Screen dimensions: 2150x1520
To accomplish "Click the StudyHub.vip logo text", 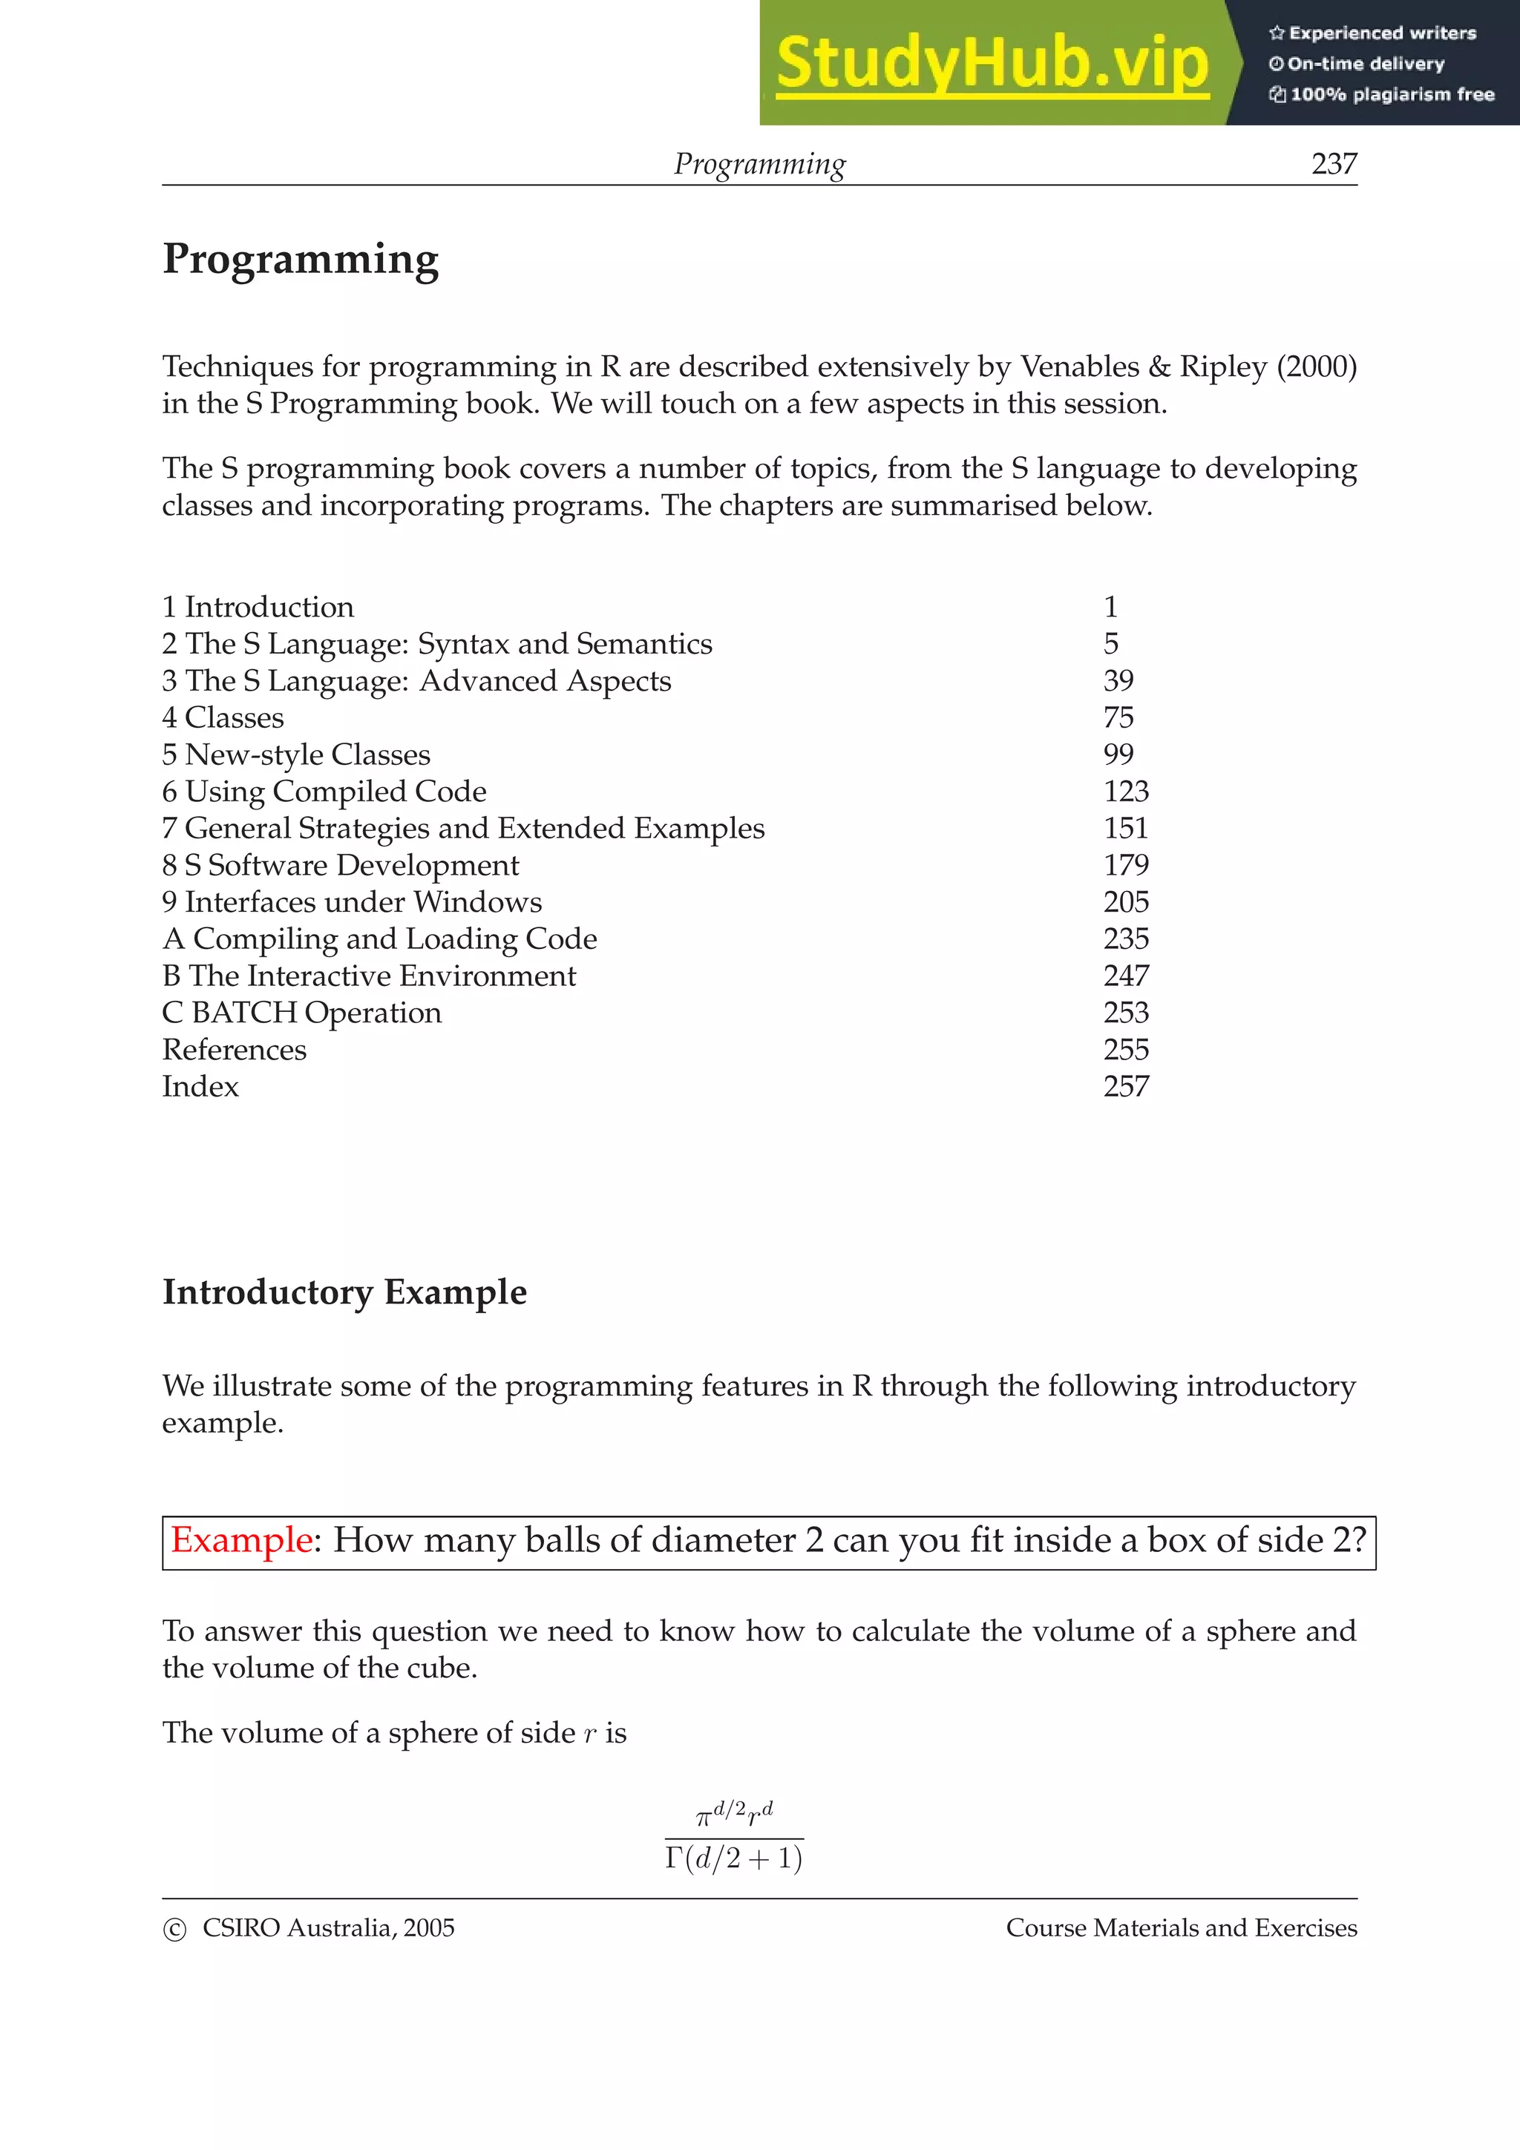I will point(992,63).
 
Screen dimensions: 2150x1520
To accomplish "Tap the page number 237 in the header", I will point(1334,164).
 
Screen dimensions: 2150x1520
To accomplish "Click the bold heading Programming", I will point(301,260).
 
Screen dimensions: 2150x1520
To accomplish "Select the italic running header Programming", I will point(759,164).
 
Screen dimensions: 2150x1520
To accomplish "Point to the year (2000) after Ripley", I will point(1317,366).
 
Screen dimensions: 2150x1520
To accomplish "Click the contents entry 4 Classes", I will point(223,717).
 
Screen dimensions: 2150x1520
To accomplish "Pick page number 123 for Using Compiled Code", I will point(1126,792).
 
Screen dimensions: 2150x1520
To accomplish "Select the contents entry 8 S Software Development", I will point(340,865).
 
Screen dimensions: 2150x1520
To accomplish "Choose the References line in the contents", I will point(234,1050).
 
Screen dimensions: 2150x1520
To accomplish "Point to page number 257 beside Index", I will point(1126,1086).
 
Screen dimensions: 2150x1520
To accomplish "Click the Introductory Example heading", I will point(344,1292).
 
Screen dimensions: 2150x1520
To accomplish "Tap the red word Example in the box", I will point(240,1540).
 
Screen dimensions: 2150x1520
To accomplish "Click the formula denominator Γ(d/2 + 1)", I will point(733,1858).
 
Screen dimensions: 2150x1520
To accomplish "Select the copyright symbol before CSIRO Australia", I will point(174,1930).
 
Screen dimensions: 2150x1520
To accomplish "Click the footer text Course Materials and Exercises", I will point(1181,1928).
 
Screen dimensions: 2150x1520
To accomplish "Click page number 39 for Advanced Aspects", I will point(1118,681).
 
